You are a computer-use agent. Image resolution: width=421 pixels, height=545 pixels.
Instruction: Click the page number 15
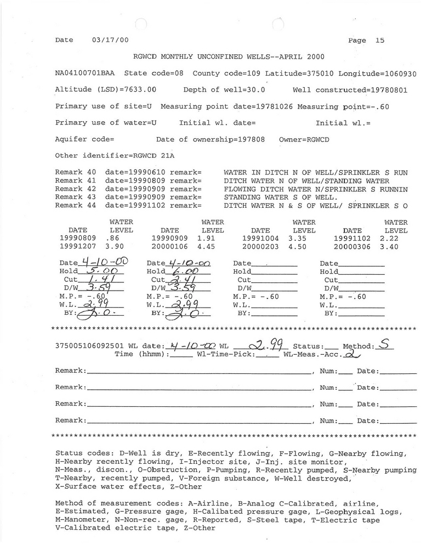(380, 40)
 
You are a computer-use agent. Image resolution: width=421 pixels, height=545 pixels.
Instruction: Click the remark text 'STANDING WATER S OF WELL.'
(278, 197)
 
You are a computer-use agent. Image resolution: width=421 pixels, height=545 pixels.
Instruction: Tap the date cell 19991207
(76, 247)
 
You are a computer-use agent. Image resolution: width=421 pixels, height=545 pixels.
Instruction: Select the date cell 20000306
(352, 247)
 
